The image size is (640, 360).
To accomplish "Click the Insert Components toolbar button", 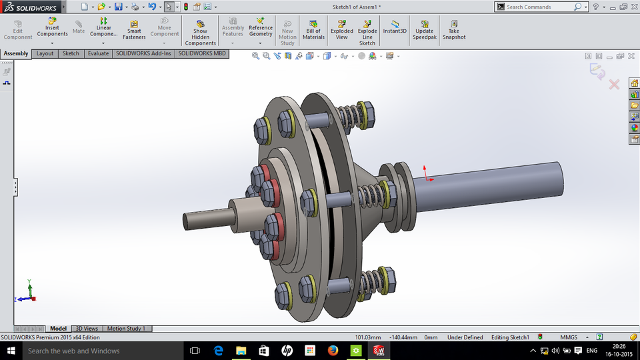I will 52,30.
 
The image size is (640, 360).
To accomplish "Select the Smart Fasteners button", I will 134,30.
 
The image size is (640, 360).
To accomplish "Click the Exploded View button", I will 342,30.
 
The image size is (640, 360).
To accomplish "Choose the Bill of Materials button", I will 313,30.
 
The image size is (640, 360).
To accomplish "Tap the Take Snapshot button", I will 453,30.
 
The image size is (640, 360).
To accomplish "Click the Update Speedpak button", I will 424,30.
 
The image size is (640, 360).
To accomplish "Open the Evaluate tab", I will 98,53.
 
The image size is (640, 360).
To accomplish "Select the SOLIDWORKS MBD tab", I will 202,53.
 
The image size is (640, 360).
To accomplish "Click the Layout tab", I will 45,53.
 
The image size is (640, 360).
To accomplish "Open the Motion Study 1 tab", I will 127,329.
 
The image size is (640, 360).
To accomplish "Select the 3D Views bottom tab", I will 87,329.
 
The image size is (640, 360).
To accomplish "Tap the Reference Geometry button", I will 261,30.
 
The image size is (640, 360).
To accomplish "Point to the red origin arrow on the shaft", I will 427,175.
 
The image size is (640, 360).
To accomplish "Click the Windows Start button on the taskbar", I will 11,351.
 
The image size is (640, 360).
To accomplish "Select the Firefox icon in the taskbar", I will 333,351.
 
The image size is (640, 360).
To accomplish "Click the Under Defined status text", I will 465,337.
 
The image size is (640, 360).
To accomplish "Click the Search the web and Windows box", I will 93,351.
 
